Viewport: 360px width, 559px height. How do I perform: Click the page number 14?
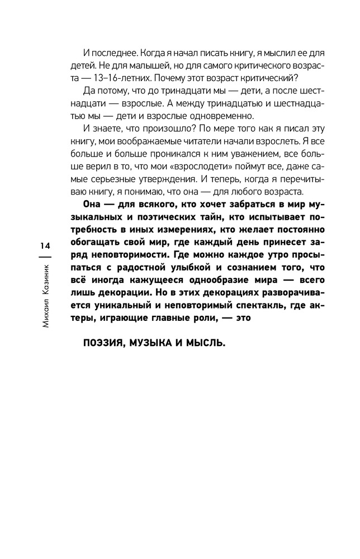45,247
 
